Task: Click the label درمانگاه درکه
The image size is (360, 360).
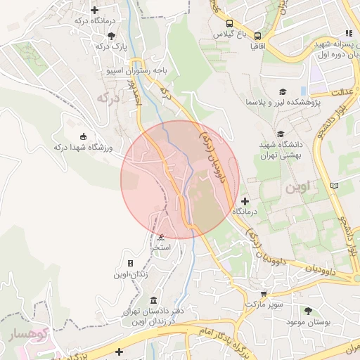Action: [x=95, y=21]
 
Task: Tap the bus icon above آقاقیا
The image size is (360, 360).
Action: [x=258, y=35]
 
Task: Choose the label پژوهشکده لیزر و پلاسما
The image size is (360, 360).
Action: [x=282, y=103]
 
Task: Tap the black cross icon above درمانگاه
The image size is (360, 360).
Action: [x=245, y=201]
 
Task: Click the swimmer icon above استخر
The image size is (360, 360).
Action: [x=162, y=237]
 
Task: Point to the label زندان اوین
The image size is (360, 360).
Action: [x=132, y=274]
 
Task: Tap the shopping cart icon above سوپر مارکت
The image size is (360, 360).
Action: [x=264, y=294]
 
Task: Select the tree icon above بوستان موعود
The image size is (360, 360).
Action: [x=307, y=310]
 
